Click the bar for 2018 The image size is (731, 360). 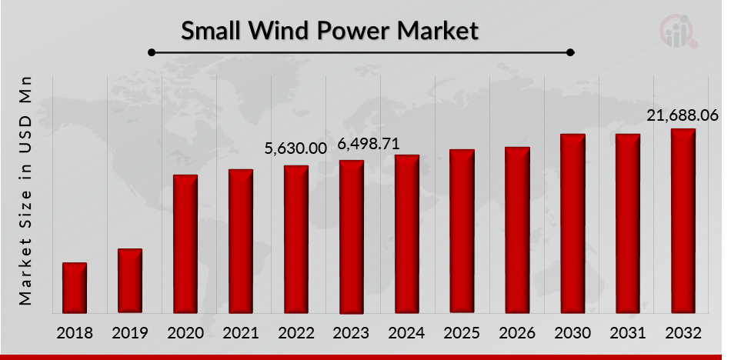[75, 288]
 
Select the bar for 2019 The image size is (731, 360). [130, 281]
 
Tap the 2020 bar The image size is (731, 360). [185, 244]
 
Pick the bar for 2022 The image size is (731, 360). [296, 239]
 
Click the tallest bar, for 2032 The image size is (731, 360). [683, 221]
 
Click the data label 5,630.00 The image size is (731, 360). [296, 148]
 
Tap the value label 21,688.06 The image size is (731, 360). [682, 115]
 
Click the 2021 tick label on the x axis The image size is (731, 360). [240, 334]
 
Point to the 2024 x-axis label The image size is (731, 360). [406, 334]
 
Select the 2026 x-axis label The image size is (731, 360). [517, 334]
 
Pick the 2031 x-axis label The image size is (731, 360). [628, 334]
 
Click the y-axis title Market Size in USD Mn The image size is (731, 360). [26, 189]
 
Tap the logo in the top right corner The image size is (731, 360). [682, 31]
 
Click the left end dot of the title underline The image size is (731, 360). [152, 52]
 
